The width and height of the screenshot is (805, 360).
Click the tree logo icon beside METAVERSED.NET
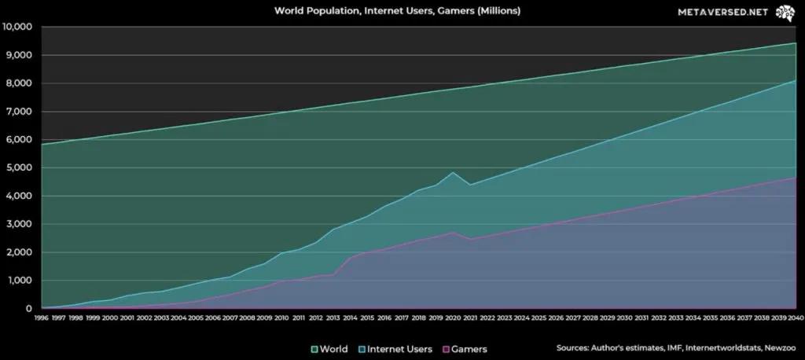783,13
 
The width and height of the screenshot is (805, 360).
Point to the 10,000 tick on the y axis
17,27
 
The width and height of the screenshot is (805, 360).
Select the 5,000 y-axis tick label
17,167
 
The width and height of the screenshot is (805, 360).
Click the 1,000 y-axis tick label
17,281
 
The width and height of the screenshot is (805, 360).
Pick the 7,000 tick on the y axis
17,112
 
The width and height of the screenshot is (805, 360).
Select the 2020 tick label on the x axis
452,318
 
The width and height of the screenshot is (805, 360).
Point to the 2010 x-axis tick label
281,318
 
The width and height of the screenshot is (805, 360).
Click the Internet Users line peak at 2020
453,172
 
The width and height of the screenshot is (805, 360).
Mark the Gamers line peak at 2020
453,232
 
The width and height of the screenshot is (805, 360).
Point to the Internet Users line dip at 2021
470,185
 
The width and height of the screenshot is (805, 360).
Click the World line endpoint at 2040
796,43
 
